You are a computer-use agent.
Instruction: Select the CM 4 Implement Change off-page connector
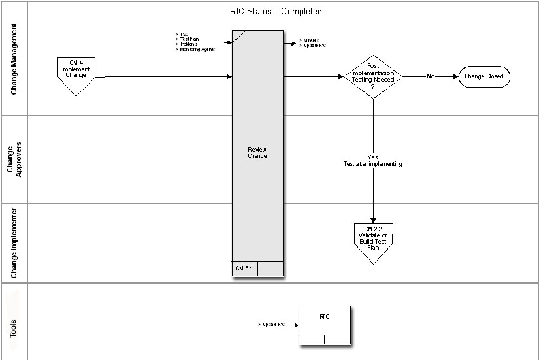[x=76, y=71]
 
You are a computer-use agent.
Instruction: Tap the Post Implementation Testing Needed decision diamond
[x=373, y=76]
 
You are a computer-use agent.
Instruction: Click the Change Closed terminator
[x=483, y=76]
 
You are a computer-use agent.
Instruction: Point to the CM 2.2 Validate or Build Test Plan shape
[x=372, y=239]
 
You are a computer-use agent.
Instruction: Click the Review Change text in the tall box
[x=257, y=153]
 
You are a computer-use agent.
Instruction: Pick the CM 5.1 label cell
[x=245, y=269]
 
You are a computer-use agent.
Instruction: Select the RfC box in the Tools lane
[x=325, y=321]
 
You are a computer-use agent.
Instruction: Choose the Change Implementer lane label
[x=14, y=242]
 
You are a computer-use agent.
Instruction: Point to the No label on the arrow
[x=431, y=76]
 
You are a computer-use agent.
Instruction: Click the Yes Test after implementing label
[x=373, y=161]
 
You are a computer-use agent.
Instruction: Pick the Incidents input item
[x=188, y=44]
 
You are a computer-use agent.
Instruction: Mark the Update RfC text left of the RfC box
[x=273, y=324]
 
